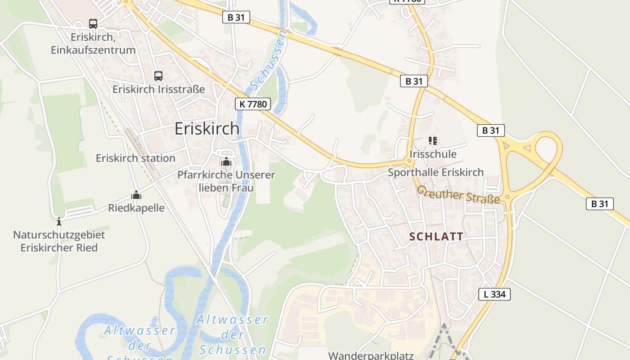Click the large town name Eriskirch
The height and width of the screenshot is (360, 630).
click(207, 129)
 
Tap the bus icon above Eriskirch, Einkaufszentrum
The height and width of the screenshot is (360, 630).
click(93, 24)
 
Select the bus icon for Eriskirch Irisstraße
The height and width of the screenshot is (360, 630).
click(158, 76)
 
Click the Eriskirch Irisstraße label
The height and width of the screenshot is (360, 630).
click(158, 89)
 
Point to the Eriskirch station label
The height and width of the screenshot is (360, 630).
click(135, 158)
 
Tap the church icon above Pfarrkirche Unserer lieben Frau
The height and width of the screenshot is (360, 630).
click(226, 162)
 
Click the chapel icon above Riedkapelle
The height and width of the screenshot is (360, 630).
click(136, 195)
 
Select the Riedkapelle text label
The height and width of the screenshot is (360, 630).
click(136, 208)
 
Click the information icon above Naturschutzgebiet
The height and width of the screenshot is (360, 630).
click(58, 221)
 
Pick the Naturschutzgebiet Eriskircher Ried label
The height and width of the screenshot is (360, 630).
click(59, 241)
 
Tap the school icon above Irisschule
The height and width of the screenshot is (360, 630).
click(433, 141)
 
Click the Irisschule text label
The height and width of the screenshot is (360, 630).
click(433, 154)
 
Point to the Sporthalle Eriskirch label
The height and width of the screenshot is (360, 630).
click(436, 172)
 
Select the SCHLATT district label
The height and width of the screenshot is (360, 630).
click(436, 237)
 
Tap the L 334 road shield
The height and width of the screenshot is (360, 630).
click(494, 295)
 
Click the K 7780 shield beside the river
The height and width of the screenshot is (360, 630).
click(253, 104)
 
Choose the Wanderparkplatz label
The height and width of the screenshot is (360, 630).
click(371, 355)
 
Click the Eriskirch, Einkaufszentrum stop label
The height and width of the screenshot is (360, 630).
click(93, 43)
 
